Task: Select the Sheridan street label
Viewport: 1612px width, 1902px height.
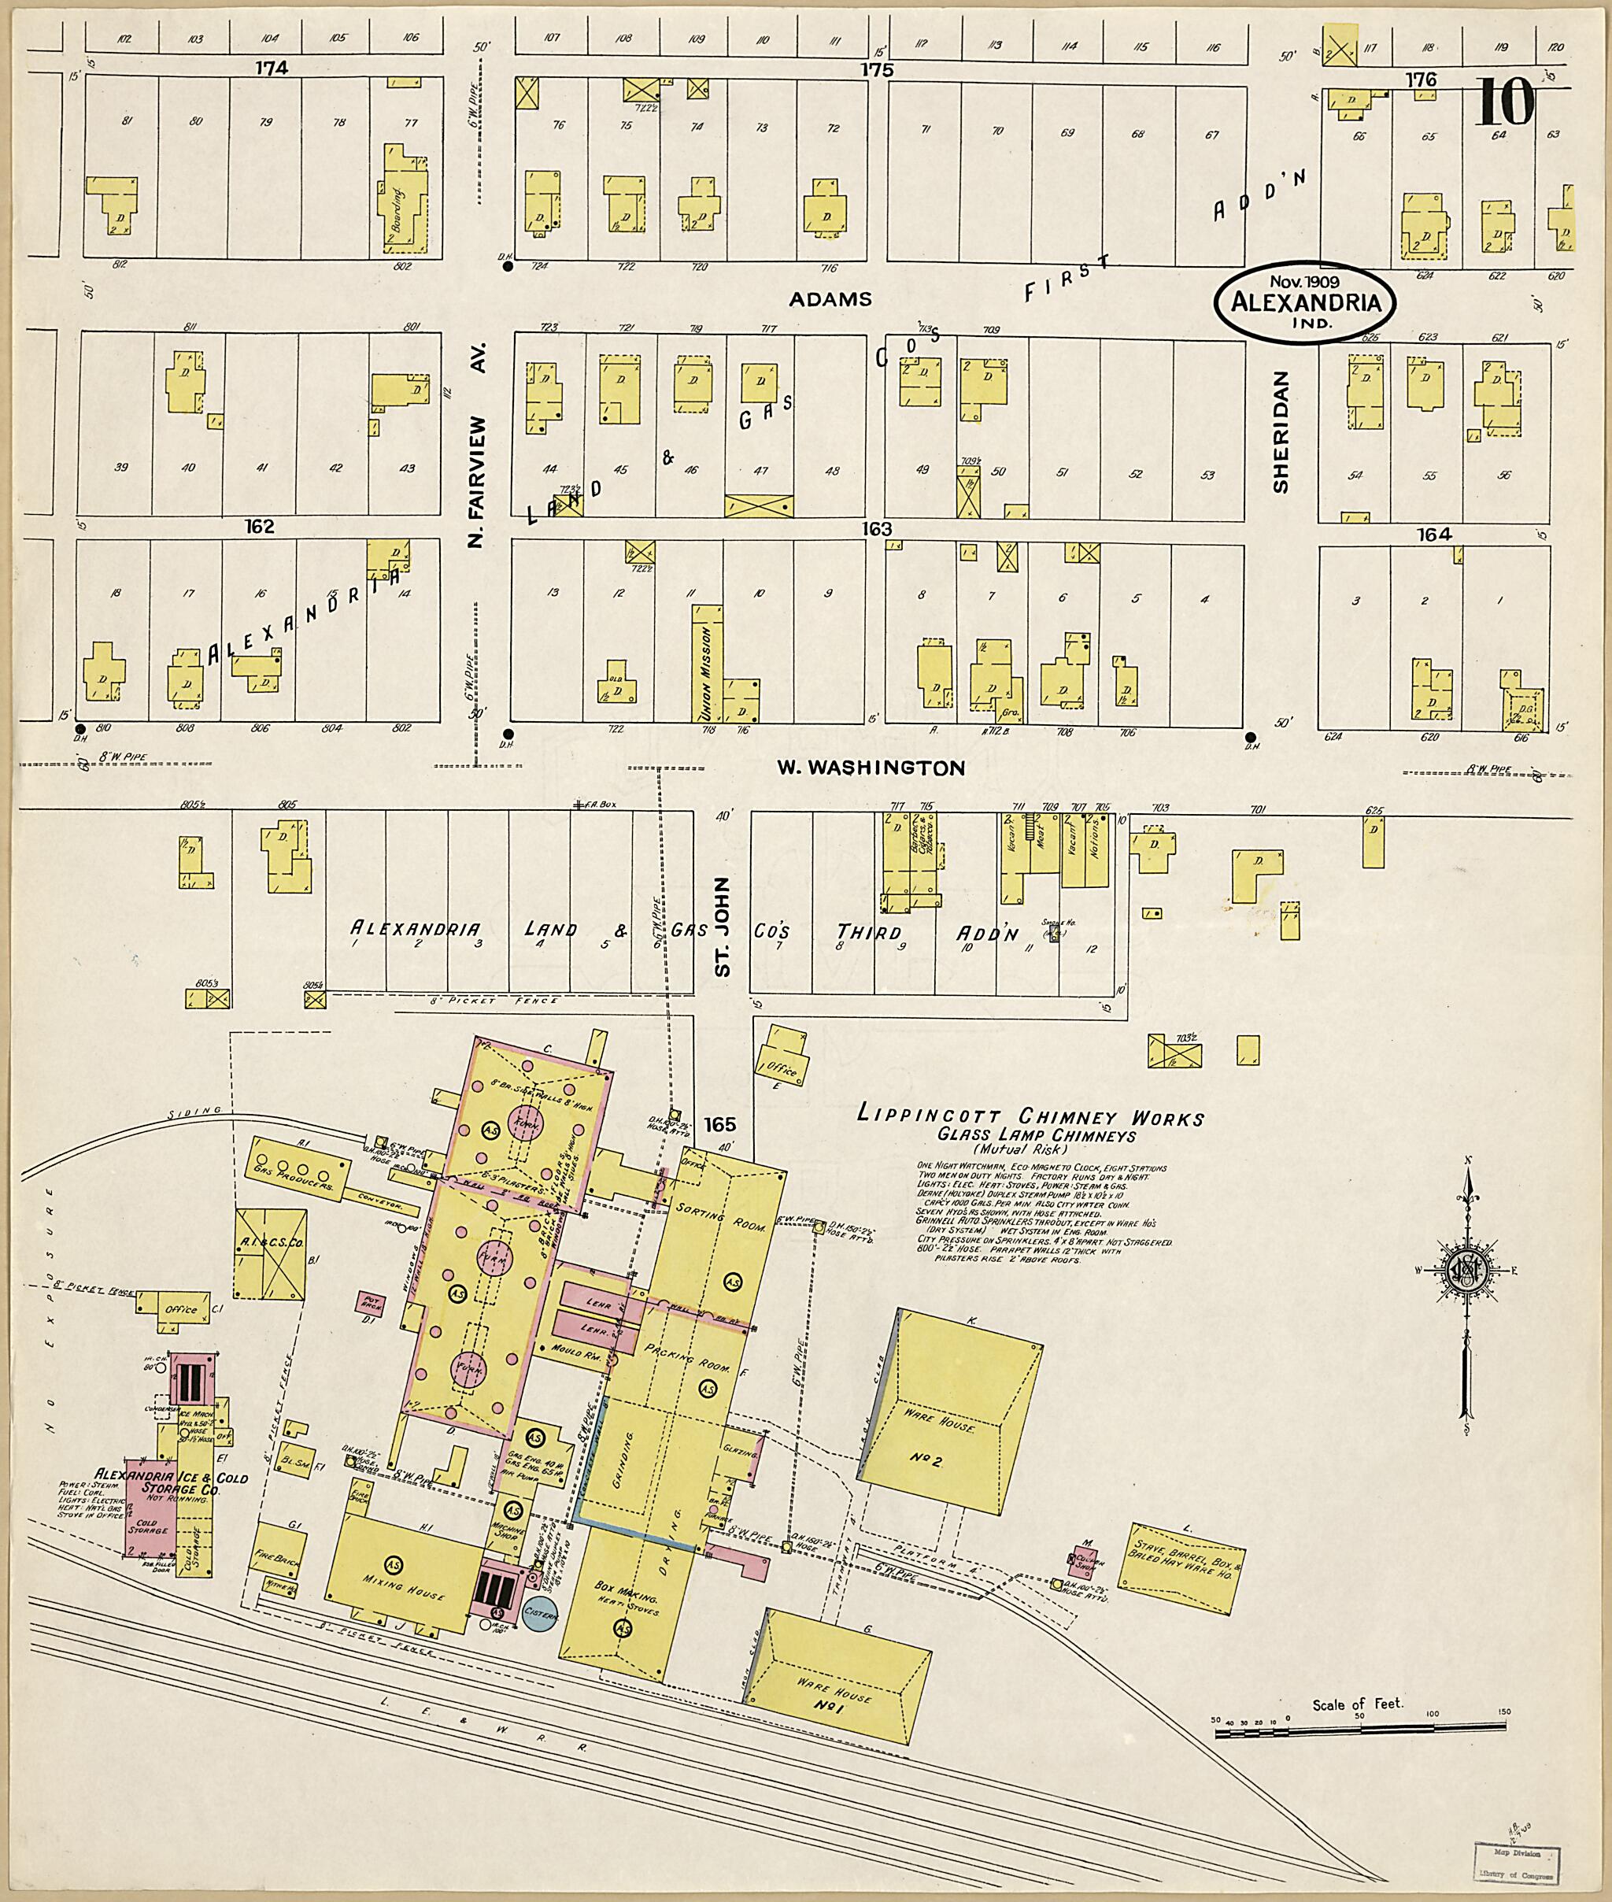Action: (1281, 431)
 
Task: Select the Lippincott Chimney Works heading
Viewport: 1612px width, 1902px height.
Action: (1030, 1117)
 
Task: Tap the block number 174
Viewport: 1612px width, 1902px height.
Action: (272, 68)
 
